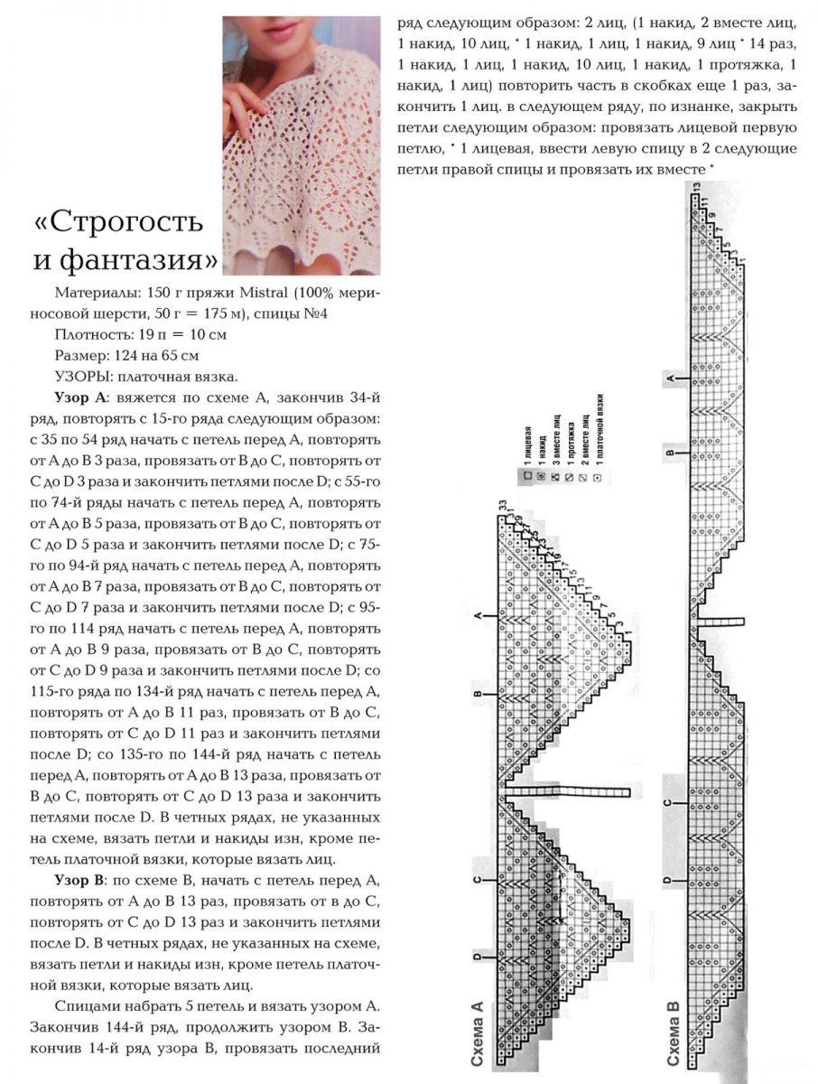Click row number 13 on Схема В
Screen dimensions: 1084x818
point(696,186)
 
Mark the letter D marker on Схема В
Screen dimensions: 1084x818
point(669,880)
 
